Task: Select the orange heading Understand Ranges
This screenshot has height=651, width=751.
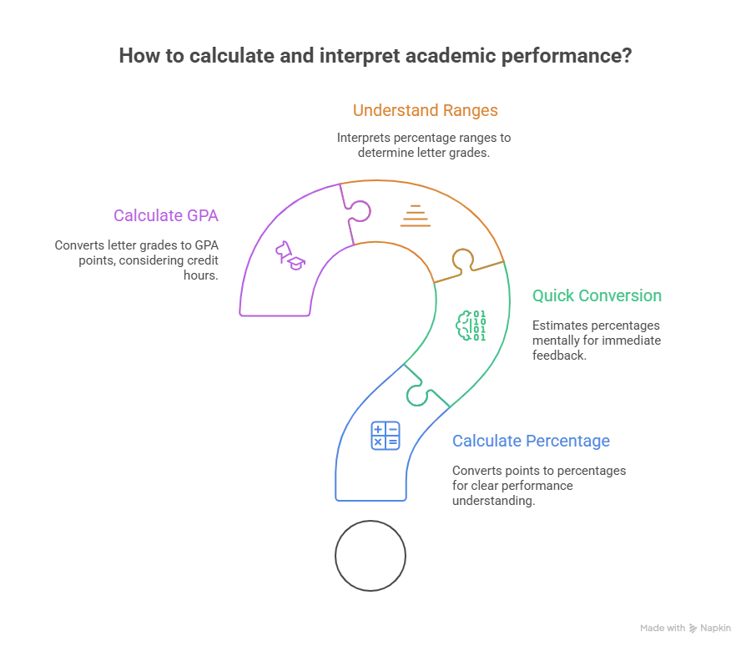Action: pos(427,110)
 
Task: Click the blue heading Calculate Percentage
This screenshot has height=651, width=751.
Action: pos(532,441)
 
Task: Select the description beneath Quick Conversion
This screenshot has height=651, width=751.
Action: pos(594,337)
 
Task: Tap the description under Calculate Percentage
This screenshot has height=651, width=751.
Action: pos(537,485)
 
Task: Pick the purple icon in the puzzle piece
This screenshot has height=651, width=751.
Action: pos(287,255)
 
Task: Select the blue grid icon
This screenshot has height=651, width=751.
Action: pos(384,437)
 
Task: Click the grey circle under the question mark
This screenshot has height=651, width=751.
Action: pos(370,552)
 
